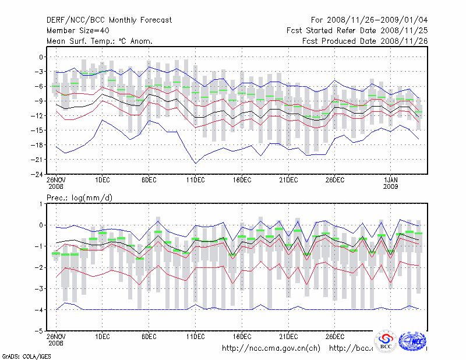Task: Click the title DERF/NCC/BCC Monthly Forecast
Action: click(109, 20)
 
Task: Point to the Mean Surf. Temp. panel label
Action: click(100, 41)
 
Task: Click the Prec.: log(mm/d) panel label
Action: click(80, 198)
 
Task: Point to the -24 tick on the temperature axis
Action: click(36, 174)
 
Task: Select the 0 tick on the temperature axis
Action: click(41, 57)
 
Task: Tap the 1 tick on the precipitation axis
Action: click(41, 203)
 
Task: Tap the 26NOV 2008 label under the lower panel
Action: click(56, 340)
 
